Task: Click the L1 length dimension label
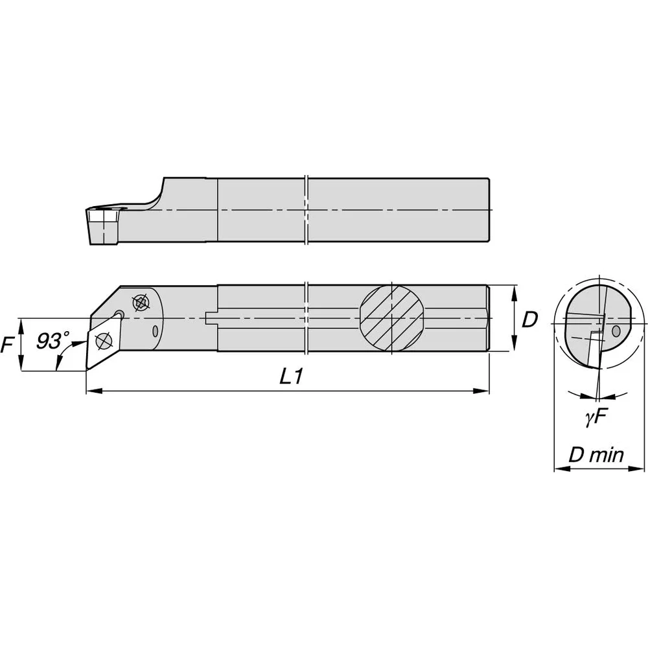click(292, 376)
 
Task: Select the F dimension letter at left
click(7, 344)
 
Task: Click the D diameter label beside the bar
click(529, 319)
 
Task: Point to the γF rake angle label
click(596, 418)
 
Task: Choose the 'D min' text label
click(596, 455)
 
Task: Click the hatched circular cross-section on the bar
click(391, 318)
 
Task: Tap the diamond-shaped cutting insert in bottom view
click(104, 341)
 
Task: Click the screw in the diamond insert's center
click(104, 341)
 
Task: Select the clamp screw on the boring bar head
click(141, 303)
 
